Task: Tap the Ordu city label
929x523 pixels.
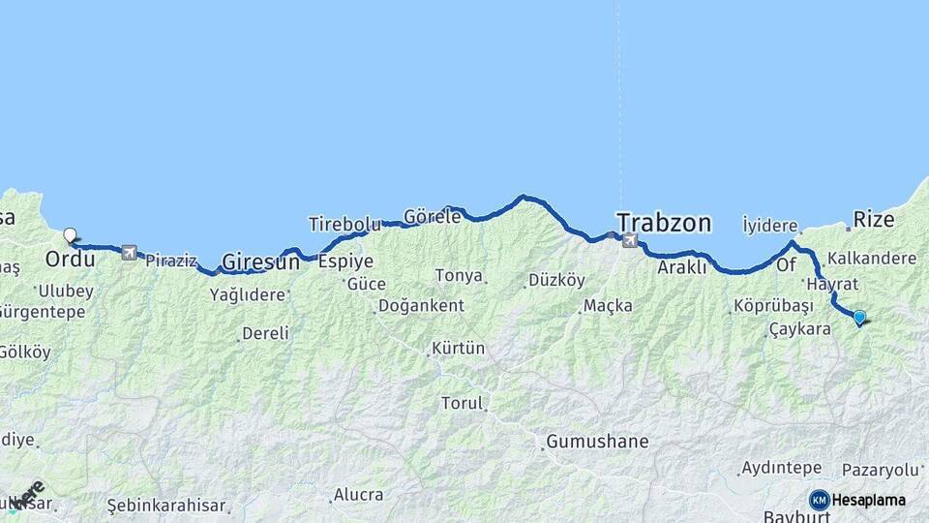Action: pyautogui.click(x=71, y=260)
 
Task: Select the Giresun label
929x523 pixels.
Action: pyautogui.click(x=260, y=261)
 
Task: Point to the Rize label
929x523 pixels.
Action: pyautogui.click(x=874, y=219)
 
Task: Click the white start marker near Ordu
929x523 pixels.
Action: pyautogui.click(x=70, y=234)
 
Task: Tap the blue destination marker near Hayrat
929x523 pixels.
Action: pyautogui.click(x=858, y=316)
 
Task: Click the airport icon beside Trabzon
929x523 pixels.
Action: pyautogui.click(x=631, y=240)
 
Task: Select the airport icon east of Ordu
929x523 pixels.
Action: pyautogui.click(x=129, y=253)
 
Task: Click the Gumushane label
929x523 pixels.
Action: pyautogui.click(x=597, y=442)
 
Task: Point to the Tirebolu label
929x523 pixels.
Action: pyautogui.click(x=345, y=224)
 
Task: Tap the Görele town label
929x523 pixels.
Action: pyautogui.click(x=432, y=216)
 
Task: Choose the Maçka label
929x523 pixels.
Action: pyautogui.click(x=609, y=306)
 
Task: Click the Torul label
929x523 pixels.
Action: pyautogui.click(x=462, y=403)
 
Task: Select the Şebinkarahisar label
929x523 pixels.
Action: pyautogui.click(x=166, y=506)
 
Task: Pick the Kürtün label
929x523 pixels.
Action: pyautogui.click(x=459, y=348)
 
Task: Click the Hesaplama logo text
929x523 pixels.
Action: pyautogui.click(x=869, y=500)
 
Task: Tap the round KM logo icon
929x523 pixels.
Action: pyautogui.click(x=820, y=500)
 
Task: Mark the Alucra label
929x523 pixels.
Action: pyautogui.click(x=358, y=495)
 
